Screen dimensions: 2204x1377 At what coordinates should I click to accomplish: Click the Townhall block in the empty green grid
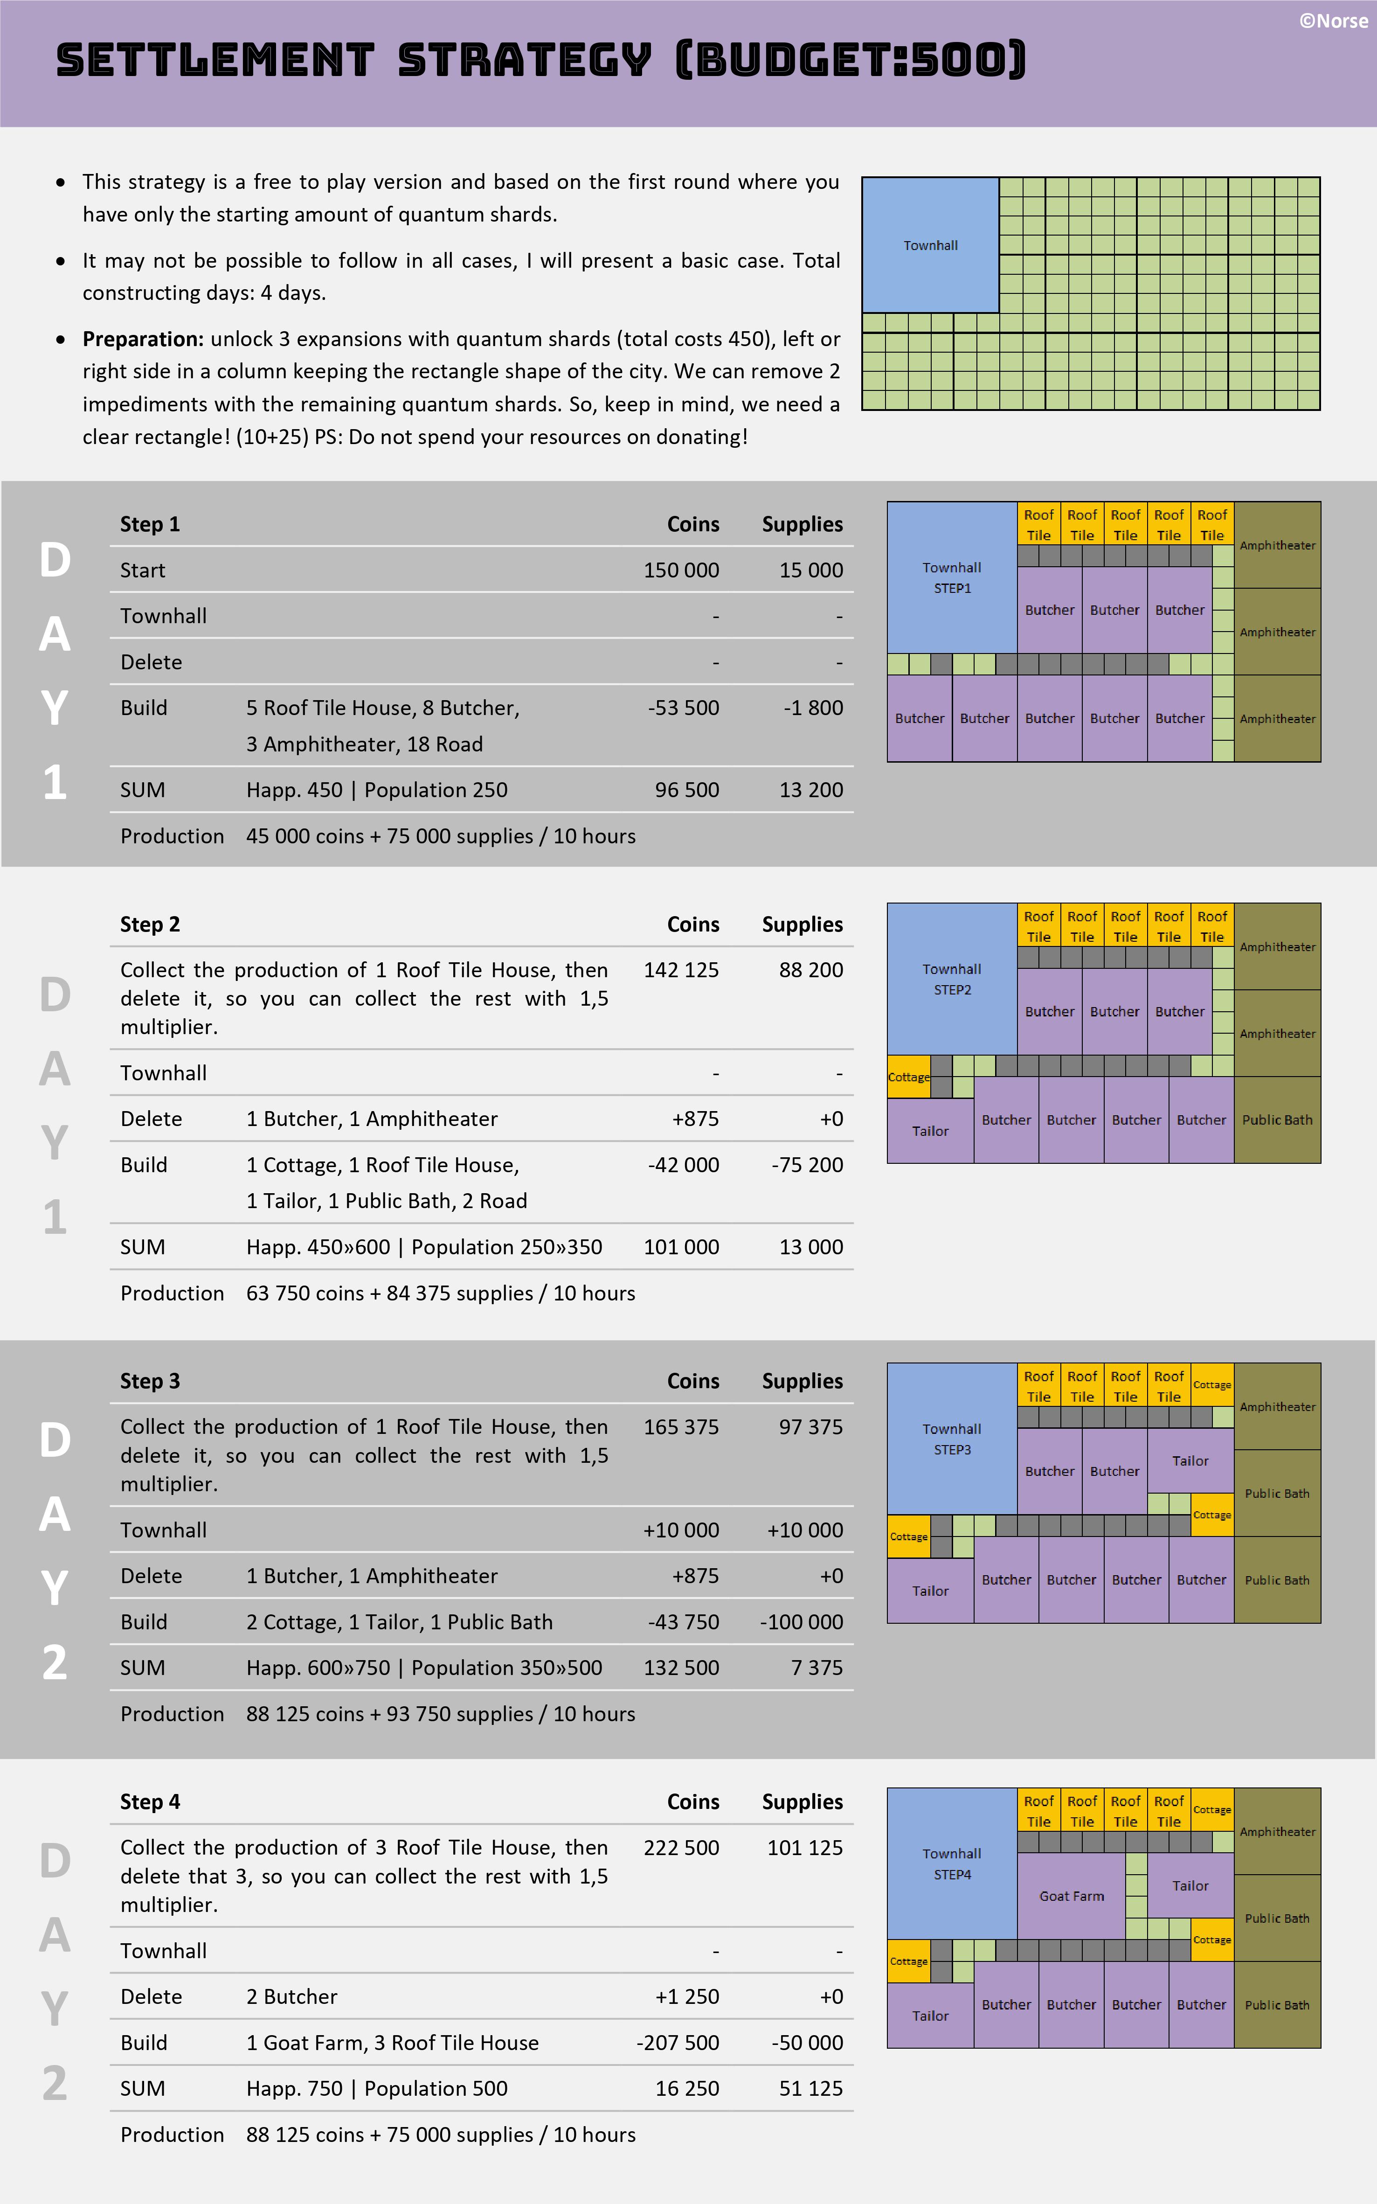930,245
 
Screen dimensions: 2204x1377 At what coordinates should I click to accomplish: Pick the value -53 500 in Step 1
683,708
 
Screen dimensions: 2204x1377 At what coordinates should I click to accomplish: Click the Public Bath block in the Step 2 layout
1277,1119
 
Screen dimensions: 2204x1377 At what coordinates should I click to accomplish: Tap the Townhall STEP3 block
952,1439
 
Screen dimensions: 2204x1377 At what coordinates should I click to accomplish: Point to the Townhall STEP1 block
952,577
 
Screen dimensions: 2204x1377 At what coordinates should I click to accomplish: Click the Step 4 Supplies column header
802,1801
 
